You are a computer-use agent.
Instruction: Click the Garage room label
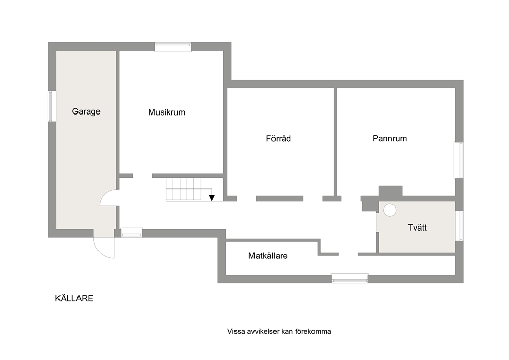[x=86, y=111]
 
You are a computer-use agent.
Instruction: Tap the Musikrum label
[x=167, y=112]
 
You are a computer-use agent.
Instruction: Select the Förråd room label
[x=278, y=139]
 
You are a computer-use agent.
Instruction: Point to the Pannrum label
[x=389, y=139]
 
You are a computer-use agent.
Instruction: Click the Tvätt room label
[x=417, y=228]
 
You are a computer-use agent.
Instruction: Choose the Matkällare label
[x=268, y=256]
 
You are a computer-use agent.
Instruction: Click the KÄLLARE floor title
[x=74, y=298]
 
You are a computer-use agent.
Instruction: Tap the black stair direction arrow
[x=212, y=198]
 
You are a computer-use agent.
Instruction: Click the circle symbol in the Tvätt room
[x=390, y=210]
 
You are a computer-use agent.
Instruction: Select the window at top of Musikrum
[x=173, y=47]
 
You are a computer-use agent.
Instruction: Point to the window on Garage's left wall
[x=51, y=106]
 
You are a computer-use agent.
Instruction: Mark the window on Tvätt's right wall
[x=459, y=225]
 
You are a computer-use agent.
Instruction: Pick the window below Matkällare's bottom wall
[x=350, y=278]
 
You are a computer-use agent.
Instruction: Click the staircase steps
[x=184, y=190]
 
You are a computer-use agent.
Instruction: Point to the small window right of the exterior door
[x=131, y=232]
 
